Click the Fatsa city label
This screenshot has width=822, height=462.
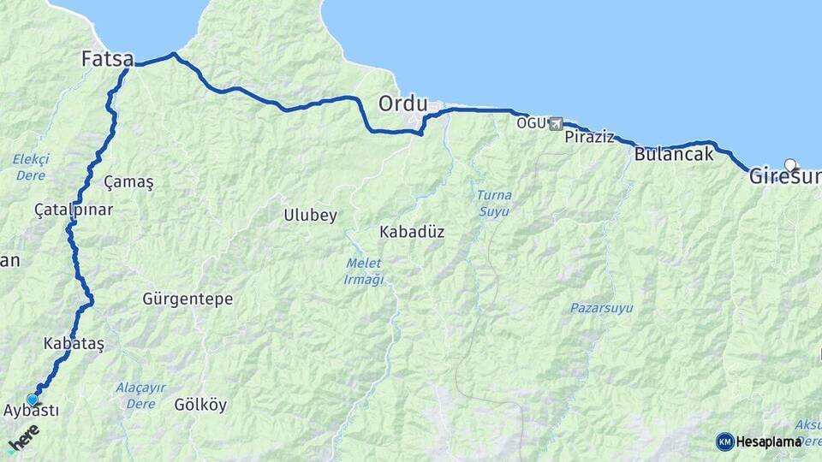coord(107,60)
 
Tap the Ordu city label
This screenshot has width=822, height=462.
coord(402,104)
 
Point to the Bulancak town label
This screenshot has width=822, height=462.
coord(674,155)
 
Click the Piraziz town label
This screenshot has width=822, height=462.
coord(589,137)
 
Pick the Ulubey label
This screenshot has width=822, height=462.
coord(310,216)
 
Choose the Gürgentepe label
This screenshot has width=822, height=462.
coord(188,299)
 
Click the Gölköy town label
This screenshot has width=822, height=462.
coord(200,405)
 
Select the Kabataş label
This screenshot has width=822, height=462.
coord(73,343)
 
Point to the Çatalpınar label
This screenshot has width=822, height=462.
coord(74,210)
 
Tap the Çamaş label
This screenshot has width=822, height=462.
coord(128,182)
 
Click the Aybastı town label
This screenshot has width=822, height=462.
coord(31,412)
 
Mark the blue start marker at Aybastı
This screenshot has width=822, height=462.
coord(33,399)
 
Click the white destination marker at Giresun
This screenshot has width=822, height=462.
coord(789,164)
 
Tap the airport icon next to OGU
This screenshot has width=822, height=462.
coord(556,124)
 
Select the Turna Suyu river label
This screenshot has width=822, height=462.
coord(494,202)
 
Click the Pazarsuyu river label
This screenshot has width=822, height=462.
coord(602,307)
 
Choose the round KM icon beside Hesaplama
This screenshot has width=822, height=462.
coord(724,441)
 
